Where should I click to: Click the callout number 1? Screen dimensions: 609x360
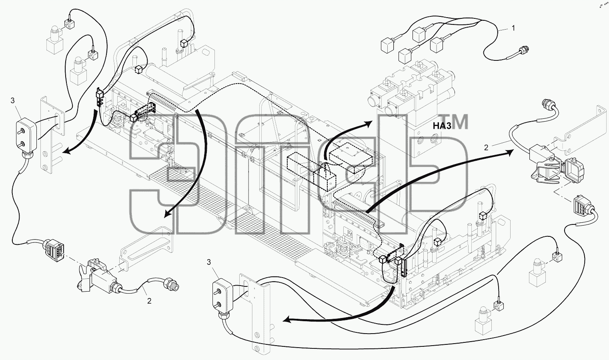[513, 28]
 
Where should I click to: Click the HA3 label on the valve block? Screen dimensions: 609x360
[442, 126]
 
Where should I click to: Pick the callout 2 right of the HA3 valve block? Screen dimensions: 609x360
[486, 148]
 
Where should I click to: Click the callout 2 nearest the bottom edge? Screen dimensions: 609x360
[149, 301]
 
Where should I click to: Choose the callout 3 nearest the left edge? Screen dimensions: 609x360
[12, 100]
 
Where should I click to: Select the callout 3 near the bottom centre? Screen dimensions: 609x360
[208, 262]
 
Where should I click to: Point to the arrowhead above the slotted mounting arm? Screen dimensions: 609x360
[168, 214]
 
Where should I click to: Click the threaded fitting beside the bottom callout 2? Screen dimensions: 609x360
[172, 285]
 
